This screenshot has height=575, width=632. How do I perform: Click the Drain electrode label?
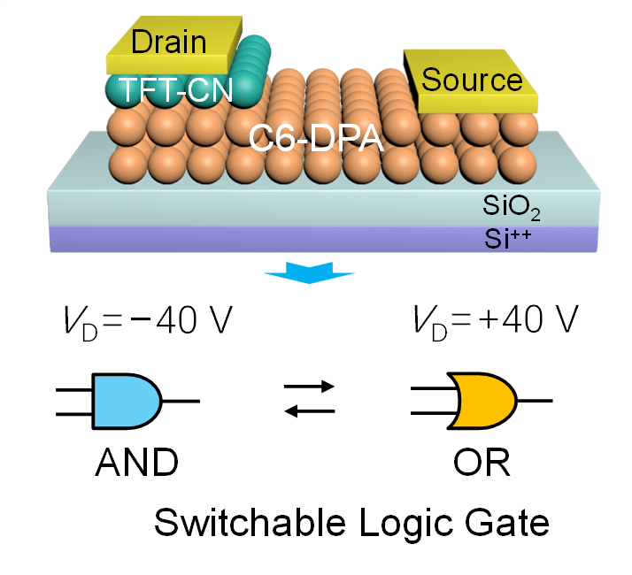coord(167,42)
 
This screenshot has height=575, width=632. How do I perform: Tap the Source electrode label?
coord(472,80)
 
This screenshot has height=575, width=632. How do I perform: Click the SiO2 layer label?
coord(511,210)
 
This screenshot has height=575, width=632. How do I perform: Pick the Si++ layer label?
coord(511,237)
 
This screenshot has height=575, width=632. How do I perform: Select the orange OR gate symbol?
coord(483,400)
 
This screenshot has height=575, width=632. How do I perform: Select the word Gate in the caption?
coord(504,523)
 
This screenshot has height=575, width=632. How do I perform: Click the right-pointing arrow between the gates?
coord(310,387)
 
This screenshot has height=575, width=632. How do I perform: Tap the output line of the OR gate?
coord(534,400)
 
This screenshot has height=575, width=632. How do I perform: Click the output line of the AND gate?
coord(181,400)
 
